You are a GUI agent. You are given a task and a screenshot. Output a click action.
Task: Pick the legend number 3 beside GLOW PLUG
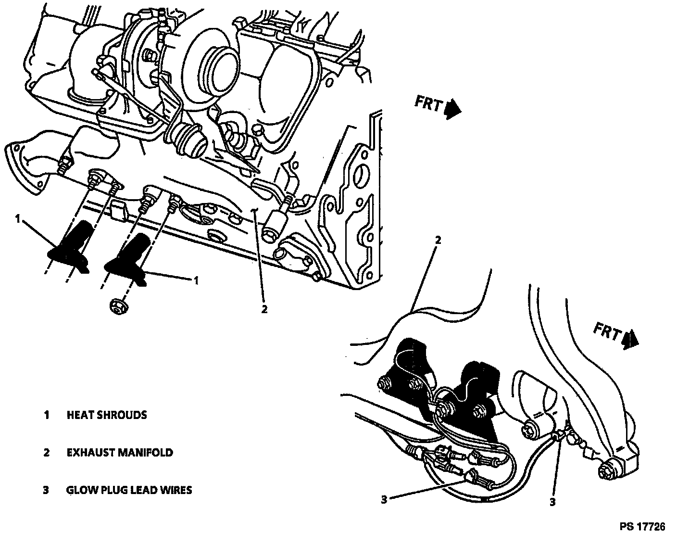point(46,490)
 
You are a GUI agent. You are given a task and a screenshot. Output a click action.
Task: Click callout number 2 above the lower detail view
point(438,239)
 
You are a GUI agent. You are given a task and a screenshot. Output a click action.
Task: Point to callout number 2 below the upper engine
point(264,309)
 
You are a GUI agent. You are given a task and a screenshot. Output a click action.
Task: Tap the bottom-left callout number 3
point(384,500)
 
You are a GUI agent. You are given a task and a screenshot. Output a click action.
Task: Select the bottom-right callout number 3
point(552,502)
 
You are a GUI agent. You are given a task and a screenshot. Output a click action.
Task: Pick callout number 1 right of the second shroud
point(196,280)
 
